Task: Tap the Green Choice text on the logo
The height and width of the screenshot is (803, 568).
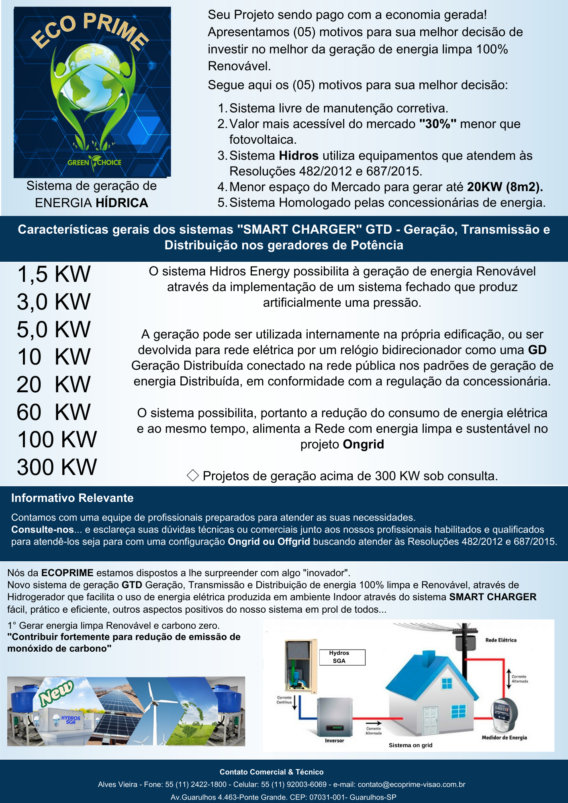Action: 94,162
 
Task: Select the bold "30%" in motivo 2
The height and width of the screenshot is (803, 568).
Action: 437,124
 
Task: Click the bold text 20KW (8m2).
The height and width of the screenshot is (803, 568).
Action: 505,187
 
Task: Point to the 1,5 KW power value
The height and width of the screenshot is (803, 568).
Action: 54,274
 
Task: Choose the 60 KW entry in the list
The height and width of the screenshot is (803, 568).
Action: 54,412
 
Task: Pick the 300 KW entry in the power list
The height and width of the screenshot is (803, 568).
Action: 57,467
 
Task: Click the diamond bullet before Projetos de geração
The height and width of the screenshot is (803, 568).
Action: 193,476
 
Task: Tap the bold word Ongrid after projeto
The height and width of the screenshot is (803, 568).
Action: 364,444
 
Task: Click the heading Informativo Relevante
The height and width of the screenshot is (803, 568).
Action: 72,498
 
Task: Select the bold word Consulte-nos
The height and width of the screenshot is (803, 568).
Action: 42,530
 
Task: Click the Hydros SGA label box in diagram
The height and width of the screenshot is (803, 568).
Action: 342,657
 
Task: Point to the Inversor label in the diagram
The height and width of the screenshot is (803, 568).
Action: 334,741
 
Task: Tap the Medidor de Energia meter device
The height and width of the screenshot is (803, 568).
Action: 505,713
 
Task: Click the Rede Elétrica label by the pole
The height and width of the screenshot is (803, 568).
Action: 501,640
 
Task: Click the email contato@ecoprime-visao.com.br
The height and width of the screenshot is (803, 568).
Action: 411,785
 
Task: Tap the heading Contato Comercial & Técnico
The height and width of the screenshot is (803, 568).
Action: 272,772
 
